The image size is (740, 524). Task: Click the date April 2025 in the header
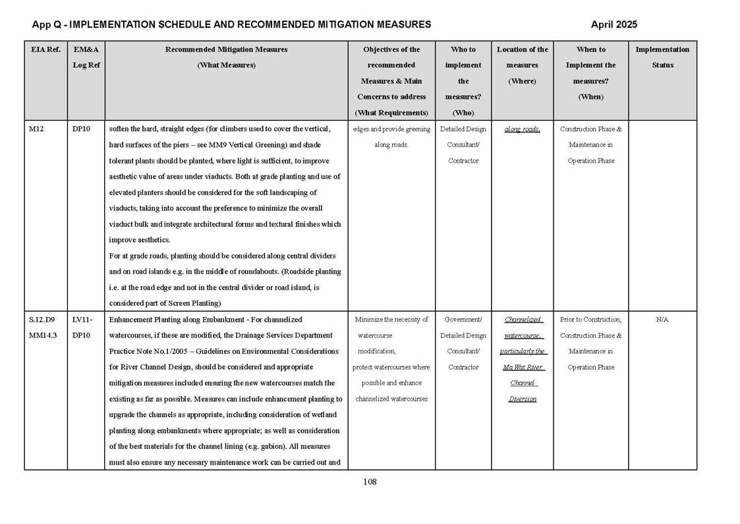pyautogui.click(x=613, y=24)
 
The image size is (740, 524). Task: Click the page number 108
pyautogui.click(x=370, y=482)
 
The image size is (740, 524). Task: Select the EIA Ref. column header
pyautogui.click(x=45, y=49)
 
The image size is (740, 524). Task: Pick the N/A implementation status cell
pyautogui.click(x=662, y=320)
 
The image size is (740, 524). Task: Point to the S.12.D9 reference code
pyautogui.click(x=42, y=320)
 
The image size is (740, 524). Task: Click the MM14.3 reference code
pyautogui.click(x=43, y=335)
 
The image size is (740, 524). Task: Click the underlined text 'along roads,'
pyautogui.click(x=522, y=129)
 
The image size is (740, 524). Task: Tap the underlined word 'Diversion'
pyautogui.click(x=522, y=399)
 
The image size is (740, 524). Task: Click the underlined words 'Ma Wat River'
pyautogui.click(x=522, y=367)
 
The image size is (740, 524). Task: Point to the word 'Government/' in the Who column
pyautogui.click(x=463, y=320)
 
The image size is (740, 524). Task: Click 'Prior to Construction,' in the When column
pyautogui.click(x=590, y=320)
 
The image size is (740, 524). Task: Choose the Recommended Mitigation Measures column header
pyautogui.click(x=226, y=49)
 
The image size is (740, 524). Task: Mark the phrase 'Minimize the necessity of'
pyautogui.click(x=391, y=320)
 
